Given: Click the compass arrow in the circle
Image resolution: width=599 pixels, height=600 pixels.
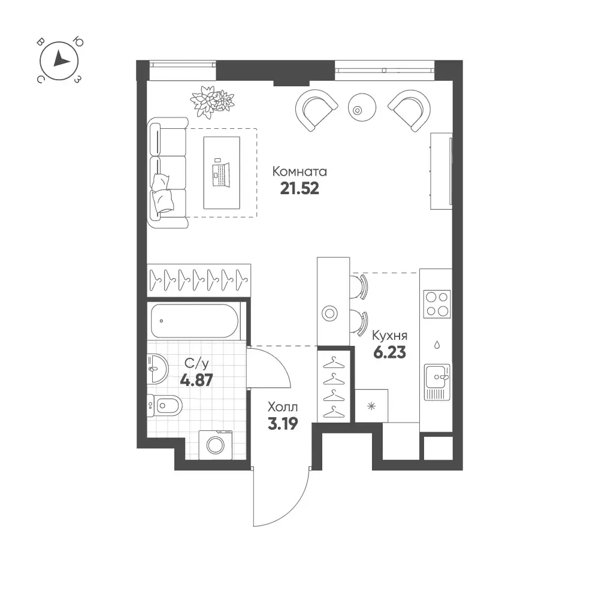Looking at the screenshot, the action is point(60,59).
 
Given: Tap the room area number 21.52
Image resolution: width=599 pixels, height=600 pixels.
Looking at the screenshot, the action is point(299,189).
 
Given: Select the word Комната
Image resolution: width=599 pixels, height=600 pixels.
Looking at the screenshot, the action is point(299,171).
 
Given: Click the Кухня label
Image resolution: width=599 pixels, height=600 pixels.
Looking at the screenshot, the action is point(390,336).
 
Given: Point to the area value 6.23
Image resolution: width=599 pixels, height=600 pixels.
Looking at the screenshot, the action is point(389,352).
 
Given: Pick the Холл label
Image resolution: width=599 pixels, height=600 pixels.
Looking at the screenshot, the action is point(283,406).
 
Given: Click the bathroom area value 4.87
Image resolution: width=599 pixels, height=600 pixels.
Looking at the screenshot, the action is point(196,381).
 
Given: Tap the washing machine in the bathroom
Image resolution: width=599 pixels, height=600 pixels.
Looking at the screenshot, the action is point(216,445).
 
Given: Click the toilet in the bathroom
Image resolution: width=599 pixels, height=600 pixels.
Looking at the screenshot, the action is point(165,405).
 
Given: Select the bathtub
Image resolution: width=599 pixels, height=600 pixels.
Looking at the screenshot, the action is point(195,321).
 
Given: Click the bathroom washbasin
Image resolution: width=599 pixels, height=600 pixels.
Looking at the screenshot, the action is point(157,369).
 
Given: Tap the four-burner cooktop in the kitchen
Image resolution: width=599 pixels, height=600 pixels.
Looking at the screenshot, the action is point(437,304).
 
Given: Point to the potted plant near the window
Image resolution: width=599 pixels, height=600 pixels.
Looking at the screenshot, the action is point(212,101).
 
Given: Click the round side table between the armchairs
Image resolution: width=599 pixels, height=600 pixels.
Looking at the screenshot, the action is point(362,107).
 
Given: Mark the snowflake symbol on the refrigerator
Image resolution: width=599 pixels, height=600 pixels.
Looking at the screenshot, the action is point(371,406).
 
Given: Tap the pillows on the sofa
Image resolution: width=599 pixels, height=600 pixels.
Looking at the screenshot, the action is point(162,194).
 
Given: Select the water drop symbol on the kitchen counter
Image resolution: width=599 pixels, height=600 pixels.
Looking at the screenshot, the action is point(437,345).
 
